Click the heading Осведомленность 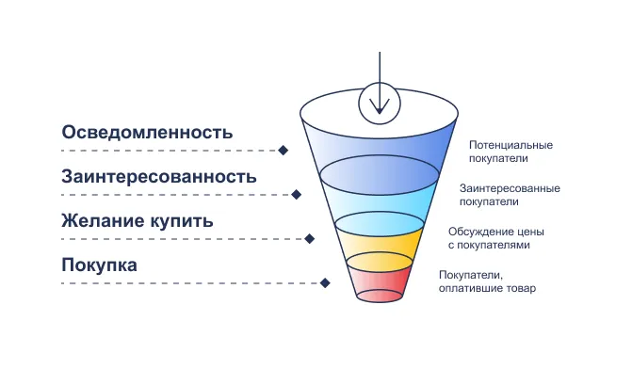click(147, 132)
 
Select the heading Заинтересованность click(159, 177)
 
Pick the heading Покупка click(100, 265)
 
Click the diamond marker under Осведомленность click(283, 150)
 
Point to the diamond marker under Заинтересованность click(296, 195)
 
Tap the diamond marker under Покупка click(324, 282)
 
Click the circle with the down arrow click(380, 100)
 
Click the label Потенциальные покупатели click(510, 152)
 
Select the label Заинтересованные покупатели click(504, 195)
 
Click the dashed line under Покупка click(188, 282)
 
